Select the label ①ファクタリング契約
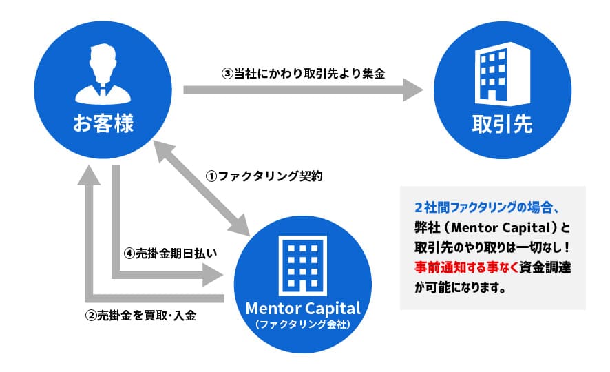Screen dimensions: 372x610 click(x=264, y=176)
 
